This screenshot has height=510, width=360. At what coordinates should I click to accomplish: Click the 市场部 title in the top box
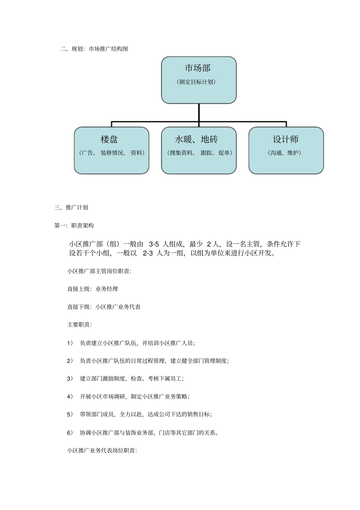[x=197, y=68]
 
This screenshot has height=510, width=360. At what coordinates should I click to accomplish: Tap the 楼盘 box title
[x=109, y=140]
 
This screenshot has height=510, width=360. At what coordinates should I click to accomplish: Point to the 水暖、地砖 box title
[x=196, y=140]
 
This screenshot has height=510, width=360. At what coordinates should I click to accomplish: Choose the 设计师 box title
[x=285, y=140]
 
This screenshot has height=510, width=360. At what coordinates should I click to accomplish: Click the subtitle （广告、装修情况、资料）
[x=111, y=153]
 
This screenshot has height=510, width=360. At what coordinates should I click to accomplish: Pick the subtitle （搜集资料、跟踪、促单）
[x=200, y=153]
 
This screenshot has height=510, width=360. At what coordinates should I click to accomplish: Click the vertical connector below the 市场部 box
[x=199, y=113]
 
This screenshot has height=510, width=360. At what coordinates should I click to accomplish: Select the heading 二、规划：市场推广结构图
[x=94, y=49]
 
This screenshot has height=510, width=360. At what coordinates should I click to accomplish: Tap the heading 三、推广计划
[x=71, y=207]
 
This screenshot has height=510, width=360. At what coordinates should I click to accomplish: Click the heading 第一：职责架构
[x=74, y=226]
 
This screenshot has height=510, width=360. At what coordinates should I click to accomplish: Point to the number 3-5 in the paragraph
[x=154, y=244]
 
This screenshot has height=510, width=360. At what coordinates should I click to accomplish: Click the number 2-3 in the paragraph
[x=148, y=253]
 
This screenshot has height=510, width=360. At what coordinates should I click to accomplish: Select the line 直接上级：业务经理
[x=92, y=289]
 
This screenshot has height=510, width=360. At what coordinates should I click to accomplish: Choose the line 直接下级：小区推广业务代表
[x=104, y=307]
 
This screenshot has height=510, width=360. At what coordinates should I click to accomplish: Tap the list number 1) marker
[x=70, y=343]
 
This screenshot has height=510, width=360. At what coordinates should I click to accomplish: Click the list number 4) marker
[x=70, y=397]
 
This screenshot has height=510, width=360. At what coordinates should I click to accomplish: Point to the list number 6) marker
[x=70, y=433]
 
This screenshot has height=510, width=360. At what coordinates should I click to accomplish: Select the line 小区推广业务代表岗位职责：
[x=102, y=450]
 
